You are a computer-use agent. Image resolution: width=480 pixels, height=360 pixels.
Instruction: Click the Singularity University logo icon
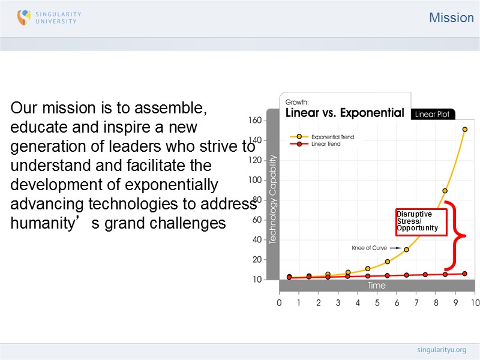[24, 17]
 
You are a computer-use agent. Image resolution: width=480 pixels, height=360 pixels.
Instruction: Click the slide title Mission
[451, 18]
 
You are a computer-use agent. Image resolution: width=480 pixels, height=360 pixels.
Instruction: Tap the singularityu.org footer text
[441, 350]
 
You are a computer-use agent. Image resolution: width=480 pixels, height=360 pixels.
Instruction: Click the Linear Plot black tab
[433, 114]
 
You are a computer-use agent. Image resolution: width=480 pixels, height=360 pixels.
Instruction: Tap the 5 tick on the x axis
[377, 303]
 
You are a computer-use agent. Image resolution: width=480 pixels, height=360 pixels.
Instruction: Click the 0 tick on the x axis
[280, 303]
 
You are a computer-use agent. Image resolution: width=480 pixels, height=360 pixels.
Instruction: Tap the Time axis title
[377, 286]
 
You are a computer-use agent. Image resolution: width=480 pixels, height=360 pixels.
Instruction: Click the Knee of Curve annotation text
[370, 247]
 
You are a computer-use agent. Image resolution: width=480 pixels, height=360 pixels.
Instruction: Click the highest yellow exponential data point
[464, 129]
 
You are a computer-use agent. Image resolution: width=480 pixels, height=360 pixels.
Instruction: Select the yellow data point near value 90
[445, 191]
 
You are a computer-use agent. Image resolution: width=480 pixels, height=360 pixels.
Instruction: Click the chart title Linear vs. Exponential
[344, 113]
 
